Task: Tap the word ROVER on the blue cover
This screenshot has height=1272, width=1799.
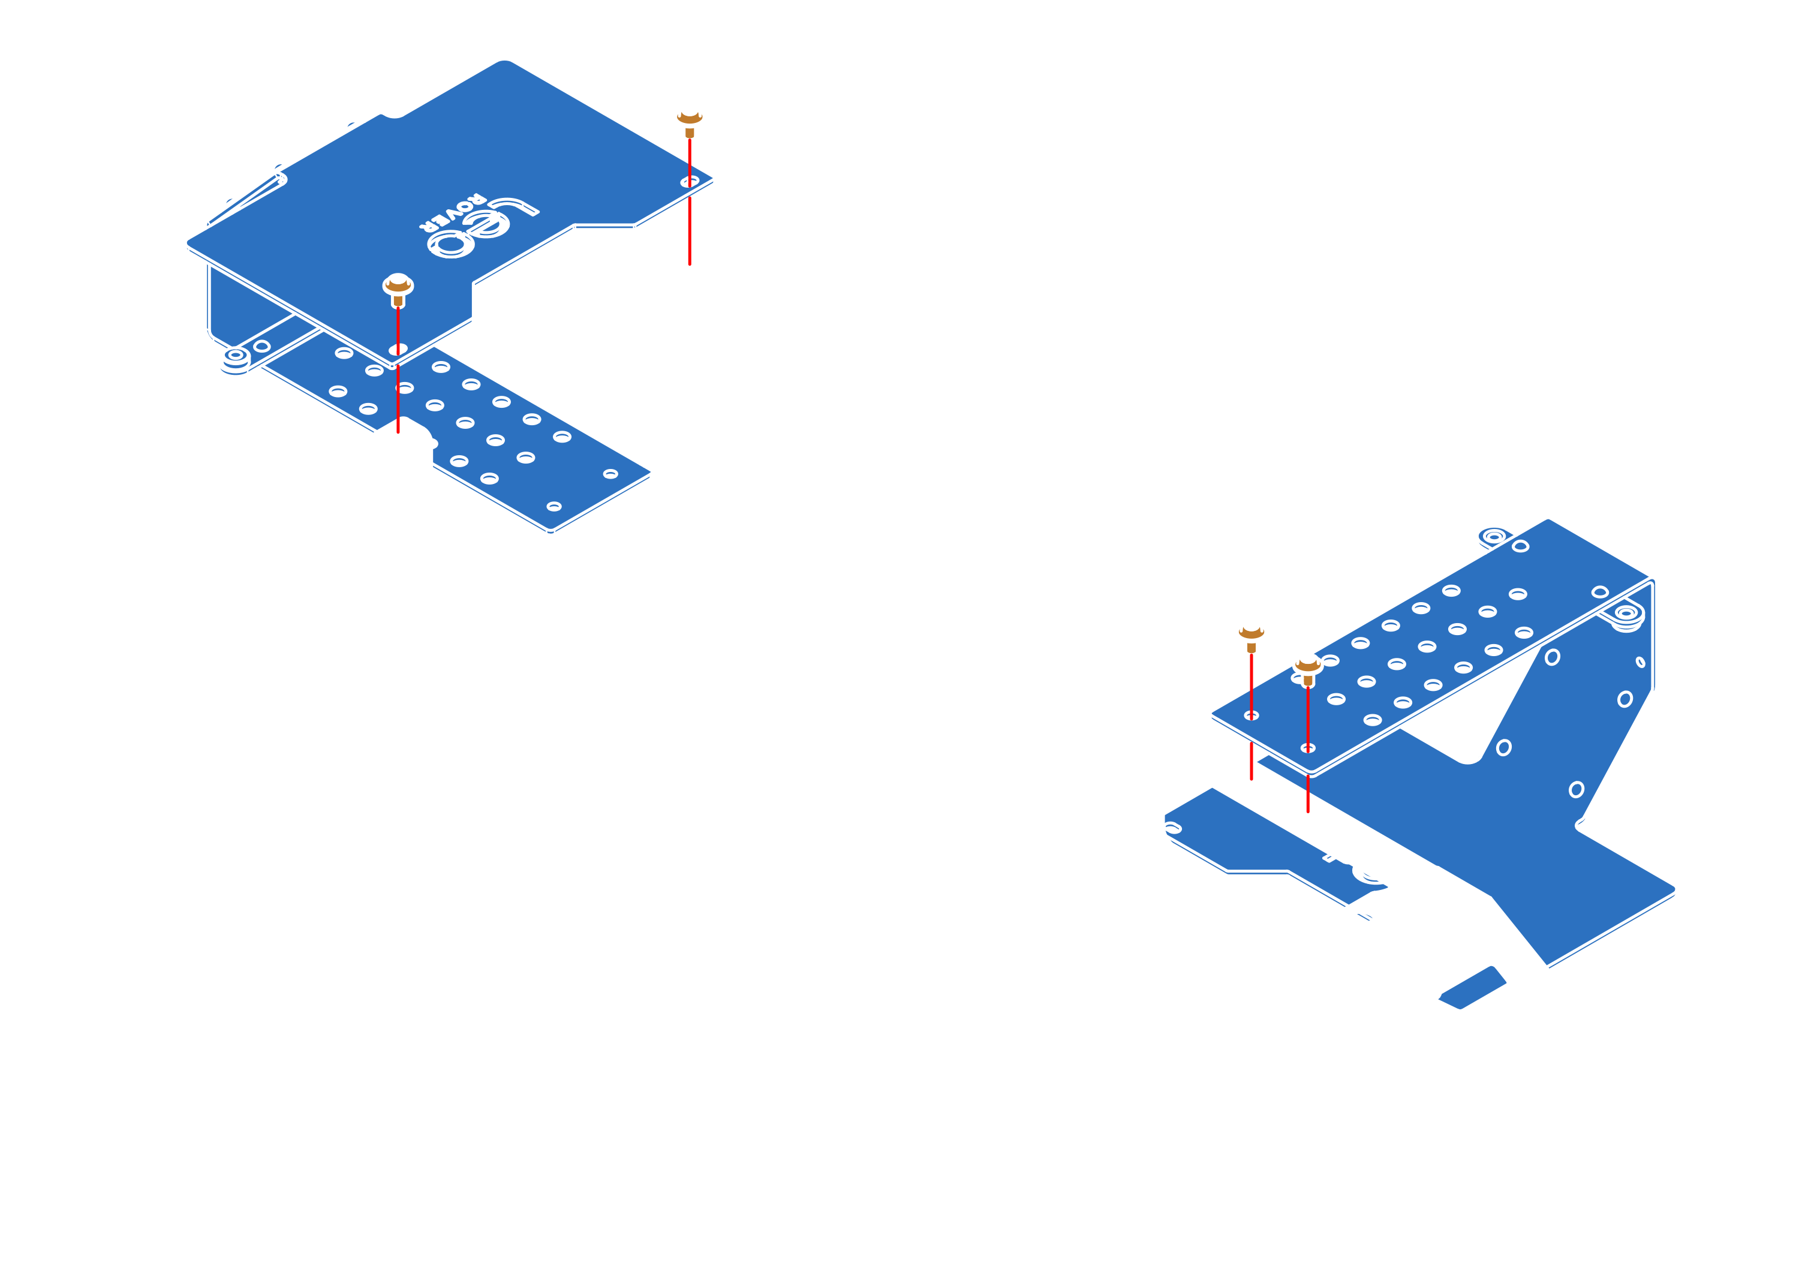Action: (x=452, y=212)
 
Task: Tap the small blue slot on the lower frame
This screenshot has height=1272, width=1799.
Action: (x=1472, y=986)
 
